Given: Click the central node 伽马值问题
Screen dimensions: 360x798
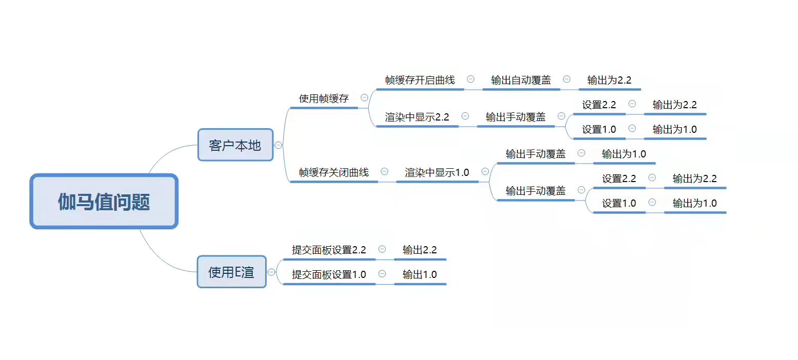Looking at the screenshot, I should point(104,202).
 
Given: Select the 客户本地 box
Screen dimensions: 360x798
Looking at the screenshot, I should point(235,145).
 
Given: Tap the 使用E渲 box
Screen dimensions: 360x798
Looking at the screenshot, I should point(231,272).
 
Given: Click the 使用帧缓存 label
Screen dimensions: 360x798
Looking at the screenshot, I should point(324,98).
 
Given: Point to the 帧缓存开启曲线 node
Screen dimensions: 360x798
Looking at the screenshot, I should point(420,80).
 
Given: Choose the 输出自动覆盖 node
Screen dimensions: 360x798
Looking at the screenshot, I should point(521,80).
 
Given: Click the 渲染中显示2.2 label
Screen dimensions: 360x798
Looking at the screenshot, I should point(417,117).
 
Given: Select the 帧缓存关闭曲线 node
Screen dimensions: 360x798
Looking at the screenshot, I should point(334,172).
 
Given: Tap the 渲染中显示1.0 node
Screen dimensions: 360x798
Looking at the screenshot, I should point(437,172).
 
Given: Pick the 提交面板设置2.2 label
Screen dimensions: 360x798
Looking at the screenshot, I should point(329,250).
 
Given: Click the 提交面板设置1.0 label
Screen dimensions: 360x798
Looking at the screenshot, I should point(329,274).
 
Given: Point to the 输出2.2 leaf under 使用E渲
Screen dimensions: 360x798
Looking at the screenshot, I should point(420,250).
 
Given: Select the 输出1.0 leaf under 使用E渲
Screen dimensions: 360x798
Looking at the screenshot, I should point(420,274).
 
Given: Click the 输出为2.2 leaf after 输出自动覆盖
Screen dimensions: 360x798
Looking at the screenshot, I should point(609,80).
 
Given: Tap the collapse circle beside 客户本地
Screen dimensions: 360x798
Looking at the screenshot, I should point(278,145).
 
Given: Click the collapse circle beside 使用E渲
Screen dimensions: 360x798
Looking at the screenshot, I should point(272,272).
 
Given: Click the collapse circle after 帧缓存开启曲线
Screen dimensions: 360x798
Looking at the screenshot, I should point(470,79).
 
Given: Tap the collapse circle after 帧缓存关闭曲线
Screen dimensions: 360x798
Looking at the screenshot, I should point(384,172).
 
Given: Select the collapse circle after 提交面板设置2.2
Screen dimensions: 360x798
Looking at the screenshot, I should point(382,249).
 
